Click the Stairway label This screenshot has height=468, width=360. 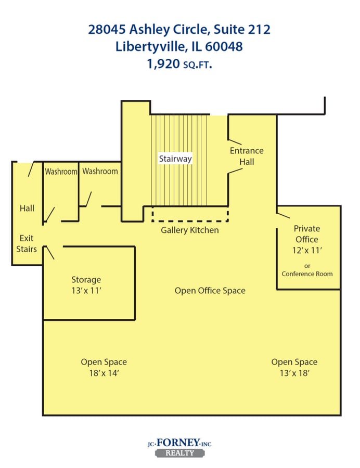pyautogui.click(x=175, y=159)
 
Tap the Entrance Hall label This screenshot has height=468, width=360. pyautogui.click(x=247, y=156)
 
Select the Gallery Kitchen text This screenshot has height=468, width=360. pyautogui.click(x=189, y=230)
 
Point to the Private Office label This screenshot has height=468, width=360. pyautogui.click(x=307, y=234)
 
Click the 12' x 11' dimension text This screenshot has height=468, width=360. pyautogui.click(x=307, y=250)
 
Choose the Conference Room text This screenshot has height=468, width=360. pyautogui.click(x=307, y=274)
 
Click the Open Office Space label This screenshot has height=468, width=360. pyautogui.click(x=210, y=291)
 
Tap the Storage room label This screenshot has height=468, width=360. pyautogui.click(x=86, y=280)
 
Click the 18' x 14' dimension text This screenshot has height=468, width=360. pyautogui.click(x=104, y=373)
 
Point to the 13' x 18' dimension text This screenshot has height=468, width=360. pyautogui.click(x=294, y=373)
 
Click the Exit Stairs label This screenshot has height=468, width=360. pyautogui.click(x=27, y=243)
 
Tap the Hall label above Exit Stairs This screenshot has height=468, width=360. pyautogui.click(x=27, y=208)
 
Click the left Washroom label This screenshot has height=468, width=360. pyautogui.click(x=61, y=171)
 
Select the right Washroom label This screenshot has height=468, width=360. pyautogui.click(x=100, y=171)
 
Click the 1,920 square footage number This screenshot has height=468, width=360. pyautogui.click(x=162, y=64)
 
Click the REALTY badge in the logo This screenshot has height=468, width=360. pyautogui.click(x=179, y=452)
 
